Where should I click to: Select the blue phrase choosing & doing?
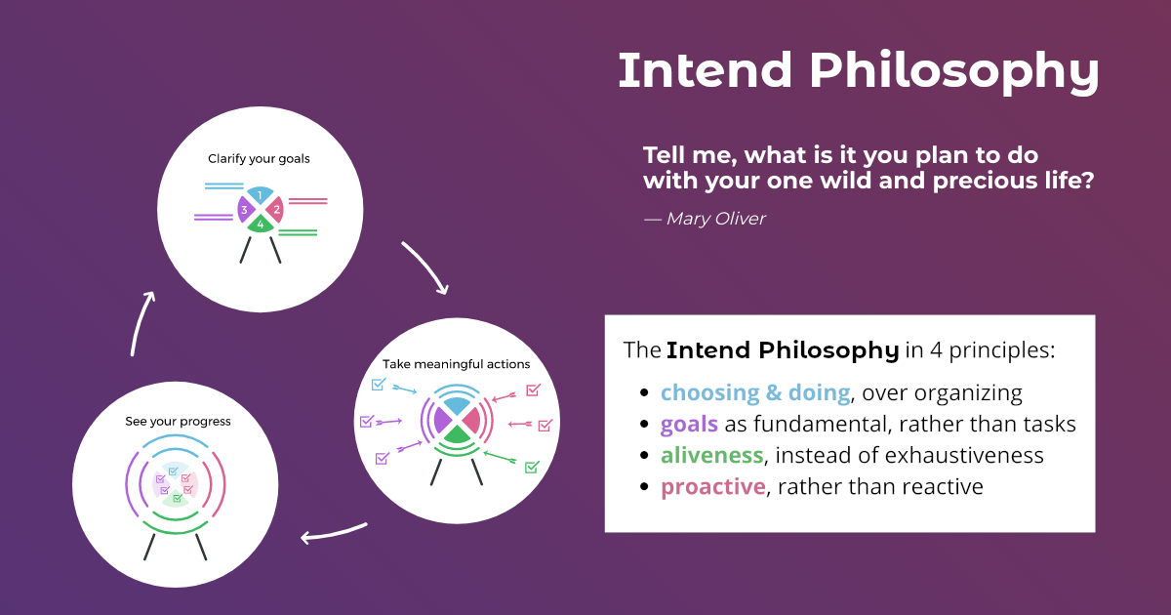coord(754,392)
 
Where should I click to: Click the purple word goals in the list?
coord(689,424)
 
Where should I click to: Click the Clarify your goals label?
coord(259,158)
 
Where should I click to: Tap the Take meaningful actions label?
coord(456,364)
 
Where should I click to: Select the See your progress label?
coord(178,422)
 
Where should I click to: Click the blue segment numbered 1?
coord(260,195)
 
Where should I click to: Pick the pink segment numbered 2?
coord(276,209)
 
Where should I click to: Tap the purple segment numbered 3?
coord(244,209)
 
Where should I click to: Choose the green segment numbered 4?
coord(260,225)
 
